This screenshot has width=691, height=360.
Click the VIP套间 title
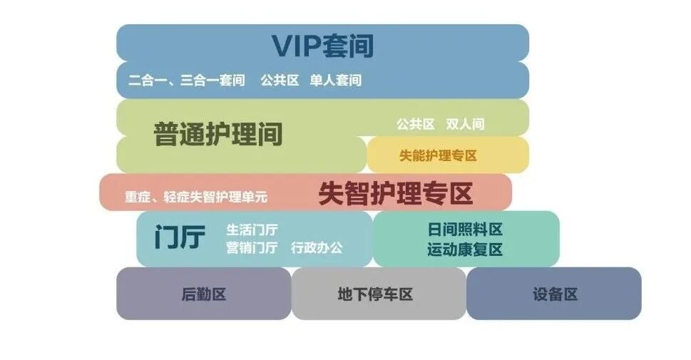pos(322,46)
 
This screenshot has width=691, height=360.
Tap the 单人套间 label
pos(335,81)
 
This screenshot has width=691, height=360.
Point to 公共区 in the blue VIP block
pos(279,81)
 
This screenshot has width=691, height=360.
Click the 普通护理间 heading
pos(218,134)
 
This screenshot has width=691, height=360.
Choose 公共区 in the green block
pos(416,124)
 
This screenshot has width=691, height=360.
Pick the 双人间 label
pos(465,124)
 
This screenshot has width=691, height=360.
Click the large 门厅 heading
pos(180,237)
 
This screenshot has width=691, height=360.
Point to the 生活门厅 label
pos(252,230)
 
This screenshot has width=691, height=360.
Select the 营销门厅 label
pos(252,248)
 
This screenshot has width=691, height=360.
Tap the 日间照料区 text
pos(465,230)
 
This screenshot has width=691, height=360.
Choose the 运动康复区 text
pos(465,250)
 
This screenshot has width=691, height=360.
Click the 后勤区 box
pos(204,294)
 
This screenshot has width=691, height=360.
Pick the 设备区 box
pos(554,294)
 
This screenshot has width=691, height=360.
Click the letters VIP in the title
pos(294,46)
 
